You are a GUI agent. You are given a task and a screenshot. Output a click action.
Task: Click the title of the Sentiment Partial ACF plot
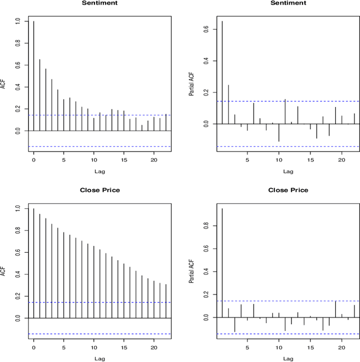tap(288, 3)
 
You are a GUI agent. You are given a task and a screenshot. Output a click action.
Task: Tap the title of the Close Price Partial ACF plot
tap(288, 190)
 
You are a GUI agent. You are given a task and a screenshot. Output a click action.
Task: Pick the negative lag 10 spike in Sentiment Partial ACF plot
tap(279, 132)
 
